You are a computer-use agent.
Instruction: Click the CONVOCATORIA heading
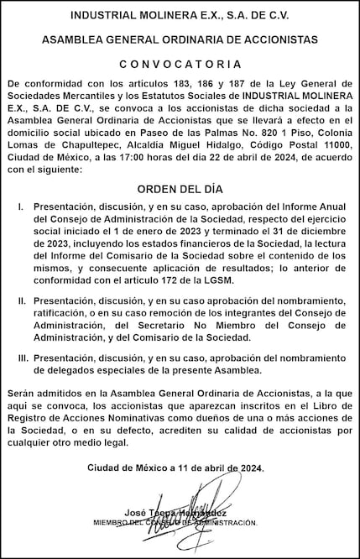click(180, 64)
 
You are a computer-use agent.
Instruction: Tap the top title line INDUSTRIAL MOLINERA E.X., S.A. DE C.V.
click(180, 15)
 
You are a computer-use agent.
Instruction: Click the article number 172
click(171, 280)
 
